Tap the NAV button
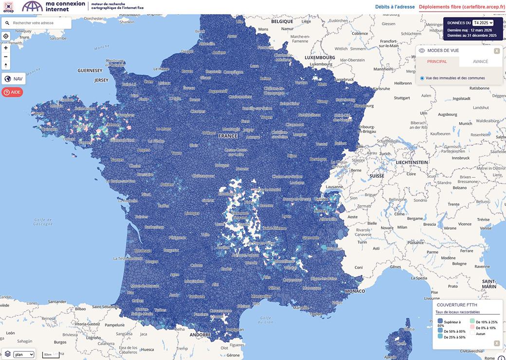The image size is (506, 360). pyautogui.click(x=14, y=79)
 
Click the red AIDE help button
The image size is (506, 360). pyautogui.click(x=12, y=92)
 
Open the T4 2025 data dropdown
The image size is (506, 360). pyautogui.click(x=483, y=23)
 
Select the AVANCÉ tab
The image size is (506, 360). pyautogui.click(x=480, y=62)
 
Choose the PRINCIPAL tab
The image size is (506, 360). pyautogui.click(x=437, y=62)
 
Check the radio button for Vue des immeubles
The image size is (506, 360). pyautogui.click(x=422, y=78)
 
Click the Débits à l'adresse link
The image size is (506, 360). pyautogui.click(x=395, y=7)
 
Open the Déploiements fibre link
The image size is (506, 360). pyautogui.click(x=462, y=7)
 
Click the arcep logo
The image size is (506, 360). pyautogui.click(x=8, y=6)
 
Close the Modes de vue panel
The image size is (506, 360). pyautogui.click(x=497, y=51)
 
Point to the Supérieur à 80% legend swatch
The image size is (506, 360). pyautogui.click(x=440, y=321)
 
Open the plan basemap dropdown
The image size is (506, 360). pyautogui.click(x=24, y=355)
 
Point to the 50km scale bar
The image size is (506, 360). pyautogui.click(x=51, y=355)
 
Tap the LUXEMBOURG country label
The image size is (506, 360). pyautogui.click(x=320, y=57)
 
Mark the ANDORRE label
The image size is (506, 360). pyautogui.click(x=200, y=335)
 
